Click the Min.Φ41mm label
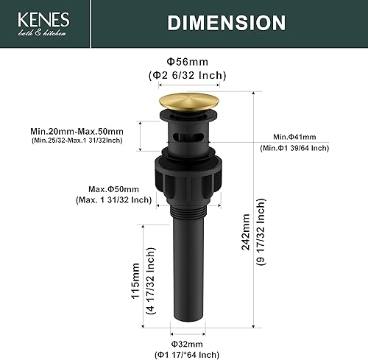(x=296, y=138)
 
